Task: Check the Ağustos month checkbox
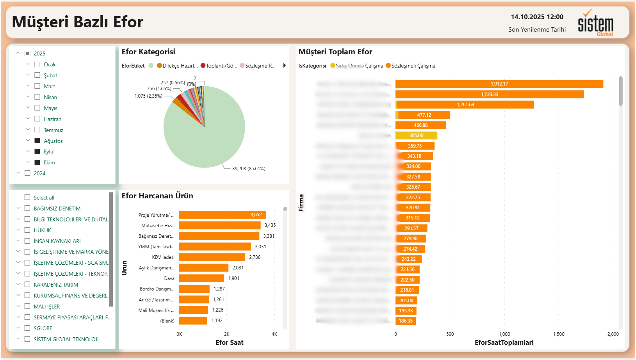coord(37,141)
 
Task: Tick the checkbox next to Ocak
coord(37,64)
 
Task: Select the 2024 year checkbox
coord(27,173)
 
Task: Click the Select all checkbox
coord(27,198)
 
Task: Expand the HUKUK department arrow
coord(18,230)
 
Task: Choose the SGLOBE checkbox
coord(27,328)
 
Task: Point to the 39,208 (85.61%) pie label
coord(249,169)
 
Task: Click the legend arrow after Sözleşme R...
coord(285,66)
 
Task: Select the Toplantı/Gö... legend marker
coord(203,66)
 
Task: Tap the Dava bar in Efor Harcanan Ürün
coord(201,278)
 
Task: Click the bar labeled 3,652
coord(222,215)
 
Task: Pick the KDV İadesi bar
coord(212,257)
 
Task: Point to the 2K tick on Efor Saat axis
coord(227,334)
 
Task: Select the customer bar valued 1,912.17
coord(499,84)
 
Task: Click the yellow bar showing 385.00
coord(416,135)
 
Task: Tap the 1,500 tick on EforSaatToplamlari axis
coord(559,334)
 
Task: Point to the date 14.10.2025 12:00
coord(537,17)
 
